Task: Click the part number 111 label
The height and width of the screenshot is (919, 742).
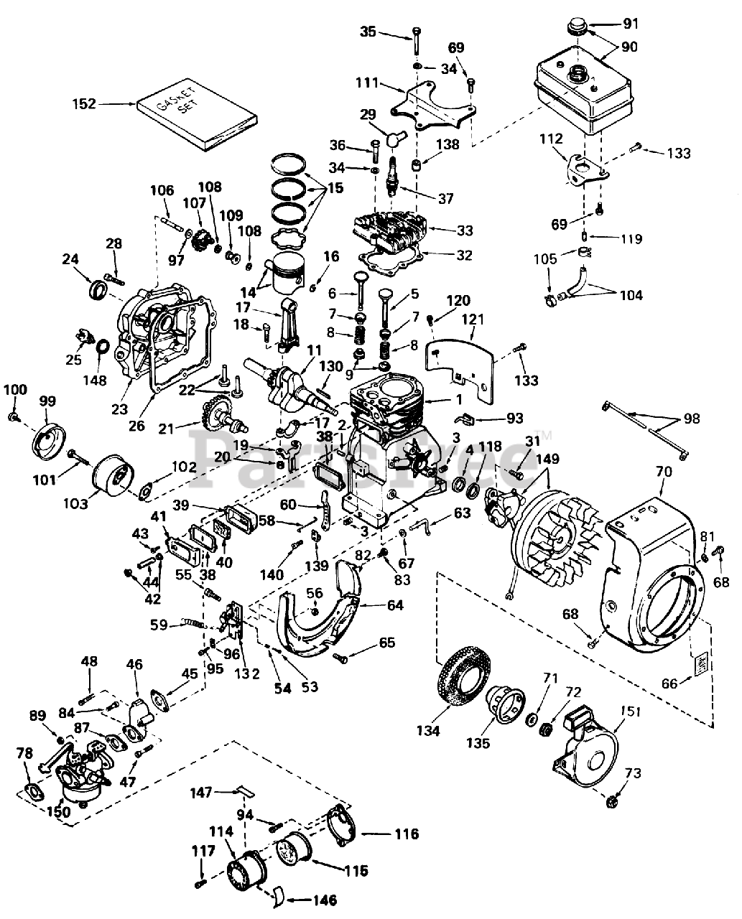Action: click(367, 83)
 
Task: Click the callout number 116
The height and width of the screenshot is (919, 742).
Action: click(405, 834)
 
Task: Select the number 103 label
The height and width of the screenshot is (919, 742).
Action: click(75, 504)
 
